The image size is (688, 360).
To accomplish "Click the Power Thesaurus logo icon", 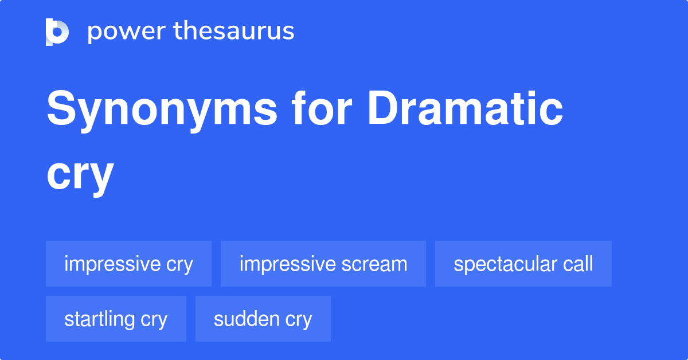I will point(57,32).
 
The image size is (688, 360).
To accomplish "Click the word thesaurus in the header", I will point(234,32).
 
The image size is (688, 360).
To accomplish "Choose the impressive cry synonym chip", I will point(128,264).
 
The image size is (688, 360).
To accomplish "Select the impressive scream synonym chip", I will point(323,264).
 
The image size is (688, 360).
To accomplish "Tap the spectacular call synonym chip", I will point(523,264).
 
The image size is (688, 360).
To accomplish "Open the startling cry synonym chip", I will point(116,319).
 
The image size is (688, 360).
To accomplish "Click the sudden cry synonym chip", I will point(263,319).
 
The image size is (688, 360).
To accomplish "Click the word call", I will point(577,264).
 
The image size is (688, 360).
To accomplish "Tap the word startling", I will point(100,319).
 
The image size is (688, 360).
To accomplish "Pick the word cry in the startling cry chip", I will point(154,319).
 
